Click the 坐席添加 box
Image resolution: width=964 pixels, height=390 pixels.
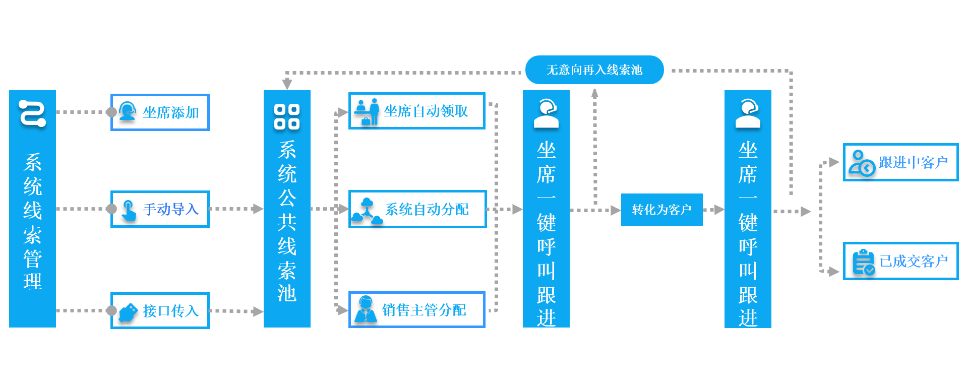click(160, 112)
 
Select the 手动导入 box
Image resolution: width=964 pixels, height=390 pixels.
click(160, 209)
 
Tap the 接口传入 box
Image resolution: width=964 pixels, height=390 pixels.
click(160, 311)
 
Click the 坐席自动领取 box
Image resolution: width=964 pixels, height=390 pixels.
click(416, 111)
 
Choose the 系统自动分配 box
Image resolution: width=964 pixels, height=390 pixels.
click(417, 209)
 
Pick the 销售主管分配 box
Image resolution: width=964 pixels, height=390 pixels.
click(416, 310)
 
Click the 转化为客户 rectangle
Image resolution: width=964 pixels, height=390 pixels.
click(661, 210)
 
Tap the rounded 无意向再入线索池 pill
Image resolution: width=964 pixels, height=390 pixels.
click(594, 70)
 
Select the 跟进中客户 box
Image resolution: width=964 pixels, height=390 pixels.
click(900, 162)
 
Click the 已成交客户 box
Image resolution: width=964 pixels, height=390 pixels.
click(900, 261)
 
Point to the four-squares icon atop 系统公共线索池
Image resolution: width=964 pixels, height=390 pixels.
click(287, 116)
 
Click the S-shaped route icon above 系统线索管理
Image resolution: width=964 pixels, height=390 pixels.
click(32, 113)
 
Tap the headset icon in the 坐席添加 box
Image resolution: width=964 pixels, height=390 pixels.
click(127, 111)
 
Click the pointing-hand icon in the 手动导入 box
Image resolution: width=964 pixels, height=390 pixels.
click(129, 210)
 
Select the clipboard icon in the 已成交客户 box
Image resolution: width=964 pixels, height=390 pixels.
click(863, 262)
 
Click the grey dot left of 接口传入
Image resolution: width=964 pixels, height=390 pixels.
click(111, 311)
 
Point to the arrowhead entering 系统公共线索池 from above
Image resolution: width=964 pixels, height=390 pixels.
click(287, 84)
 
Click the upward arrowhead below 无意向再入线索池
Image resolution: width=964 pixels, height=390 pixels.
click(595, 93)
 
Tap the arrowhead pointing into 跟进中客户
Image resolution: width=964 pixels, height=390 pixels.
click(834, 162)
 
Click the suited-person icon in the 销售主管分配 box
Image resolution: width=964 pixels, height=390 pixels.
click(365, 309)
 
